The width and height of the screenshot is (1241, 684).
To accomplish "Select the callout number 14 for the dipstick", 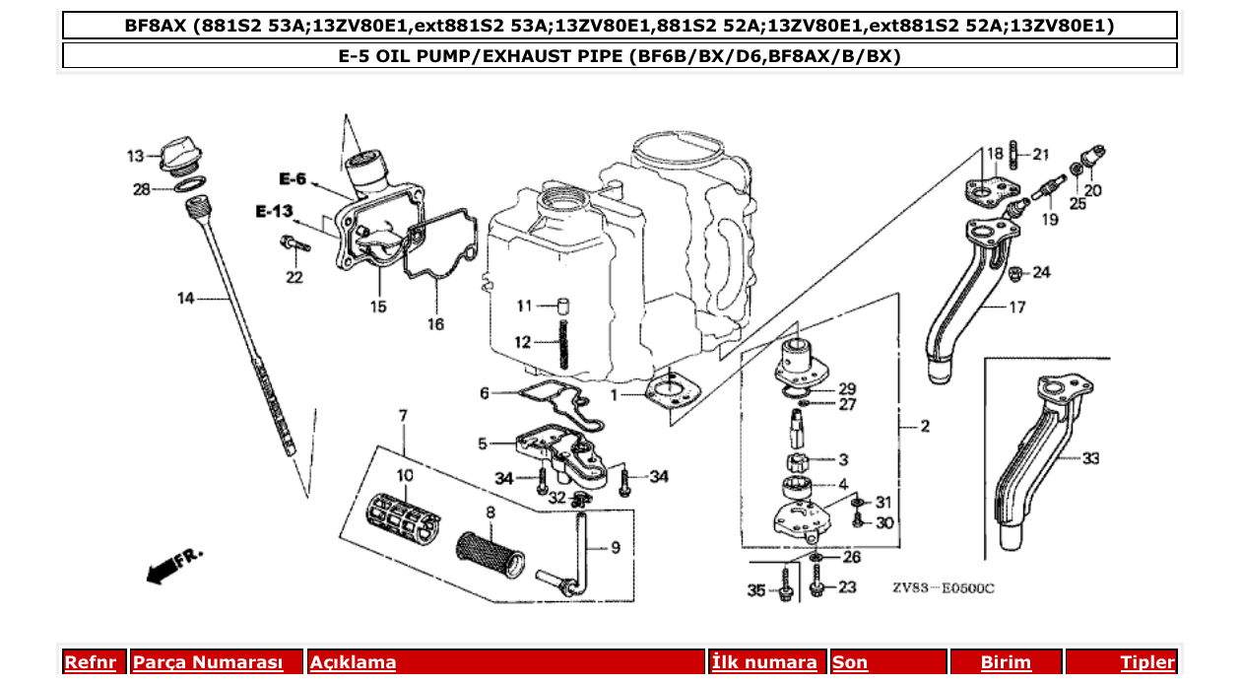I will pyautogui.click(x=186, y=299).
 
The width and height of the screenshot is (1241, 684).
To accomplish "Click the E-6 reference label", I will pyautogui.click(x=293, y=179).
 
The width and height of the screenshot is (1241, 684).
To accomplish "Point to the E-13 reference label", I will pyautogui.click(x=275, y=211).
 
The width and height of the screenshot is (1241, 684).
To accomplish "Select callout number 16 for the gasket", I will pyautogui.click(x=435, y=323).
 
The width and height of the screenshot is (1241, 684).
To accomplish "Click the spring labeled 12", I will pyautogui.click(x=564, y=340).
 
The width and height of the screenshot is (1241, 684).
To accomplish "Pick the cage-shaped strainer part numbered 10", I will pyautogui.click(x=404, y=514).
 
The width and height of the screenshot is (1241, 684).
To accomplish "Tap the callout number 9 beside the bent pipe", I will pyautogui.click(x=616, y=547).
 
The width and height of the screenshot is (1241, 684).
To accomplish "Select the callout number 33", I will pyautogui.click(x=1090, y=458).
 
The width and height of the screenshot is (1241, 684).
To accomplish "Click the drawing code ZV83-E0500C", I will pyautogui.click(x=944, y=588).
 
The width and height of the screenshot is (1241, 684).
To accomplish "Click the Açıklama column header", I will pyautogui.click(x=353, y=662).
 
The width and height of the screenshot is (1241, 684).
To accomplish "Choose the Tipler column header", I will pyautogui.click(x=1146, y=662).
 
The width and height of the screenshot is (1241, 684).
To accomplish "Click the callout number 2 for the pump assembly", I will pyautogui.click(x=925, y=427).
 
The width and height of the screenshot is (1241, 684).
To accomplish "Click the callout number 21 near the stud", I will pyautogui.click(x=1041, y=154).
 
